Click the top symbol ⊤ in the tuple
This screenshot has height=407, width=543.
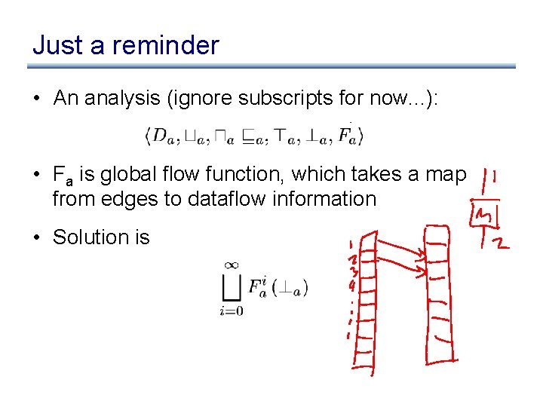point(286,136)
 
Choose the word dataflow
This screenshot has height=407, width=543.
point(189,199)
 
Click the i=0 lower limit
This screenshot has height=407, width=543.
point(232,309)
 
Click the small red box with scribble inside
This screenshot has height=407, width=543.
point(480,217)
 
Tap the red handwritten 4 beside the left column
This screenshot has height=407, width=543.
point(352,286)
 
